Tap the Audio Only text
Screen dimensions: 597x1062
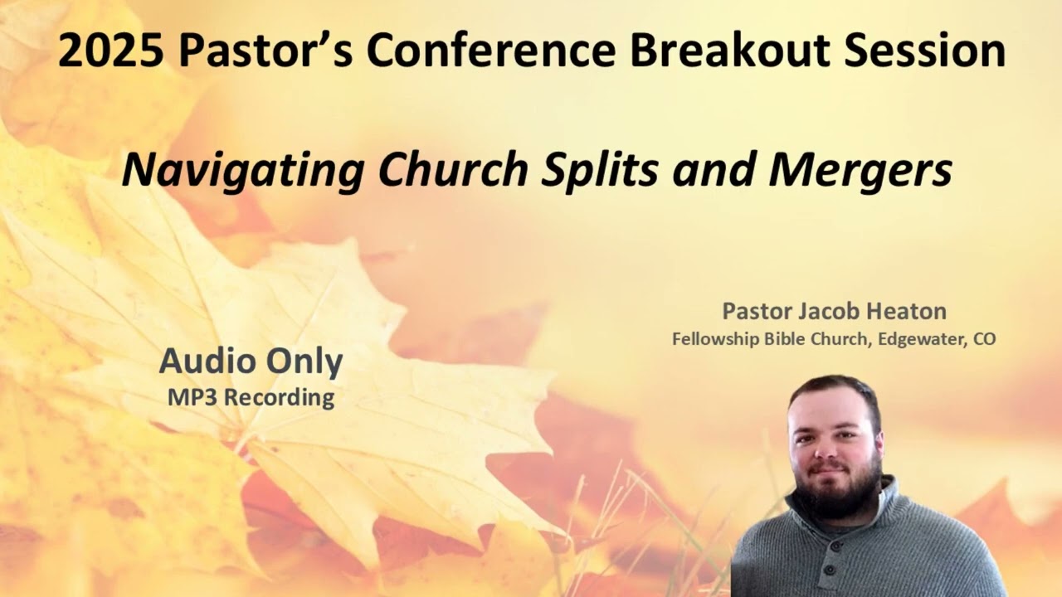[251, 362]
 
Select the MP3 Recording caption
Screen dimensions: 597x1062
[251, 397]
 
